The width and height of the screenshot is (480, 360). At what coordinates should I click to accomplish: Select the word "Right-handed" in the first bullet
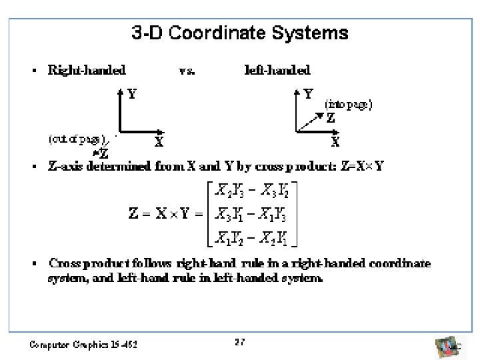87,69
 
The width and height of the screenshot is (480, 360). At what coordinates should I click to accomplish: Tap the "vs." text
187,70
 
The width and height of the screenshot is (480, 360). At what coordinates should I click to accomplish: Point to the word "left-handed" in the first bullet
278,69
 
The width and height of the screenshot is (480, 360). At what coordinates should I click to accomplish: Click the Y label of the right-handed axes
133,94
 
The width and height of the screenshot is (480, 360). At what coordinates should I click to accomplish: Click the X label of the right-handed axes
159,141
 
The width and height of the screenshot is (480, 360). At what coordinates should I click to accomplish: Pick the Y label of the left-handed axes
309,94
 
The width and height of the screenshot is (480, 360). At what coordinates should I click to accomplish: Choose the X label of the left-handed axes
336,141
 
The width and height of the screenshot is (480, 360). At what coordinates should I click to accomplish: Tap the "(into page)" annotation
348,104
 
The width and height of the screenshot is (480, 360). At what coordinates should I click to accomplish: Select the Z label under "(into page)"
330,119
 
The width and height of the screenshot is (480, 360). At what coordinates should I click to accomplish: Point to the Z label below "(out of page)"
105,153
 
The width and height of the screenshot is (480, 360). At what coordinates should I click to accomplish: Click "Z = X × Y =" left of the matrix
166,215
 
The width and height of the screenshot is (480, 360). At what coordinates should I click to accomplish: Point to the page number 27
240,341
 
